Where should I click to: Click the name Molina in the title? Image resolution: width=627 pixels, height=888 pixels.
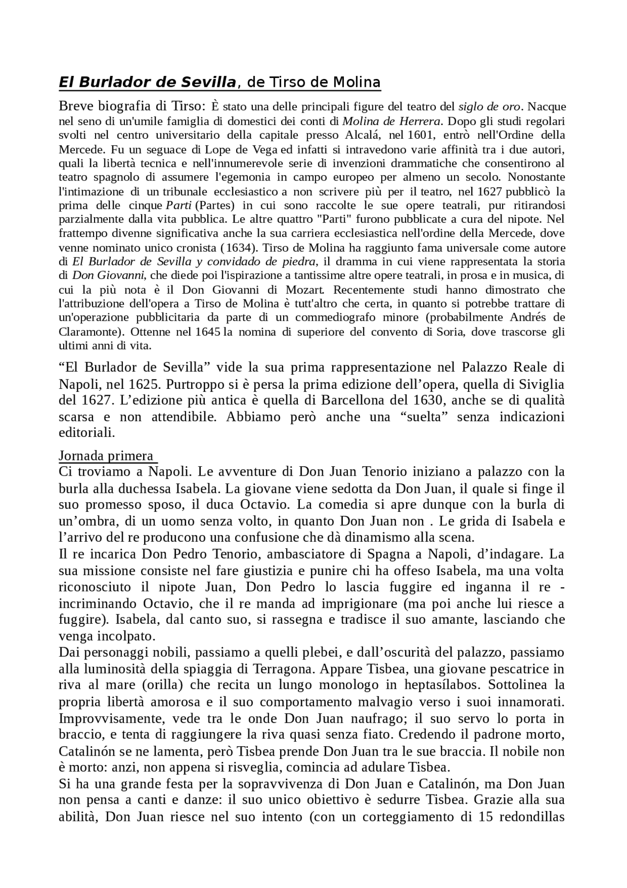coord(357,82)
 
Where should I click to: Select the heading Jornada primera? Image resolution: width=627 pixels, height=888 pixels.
coord(106,456)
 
